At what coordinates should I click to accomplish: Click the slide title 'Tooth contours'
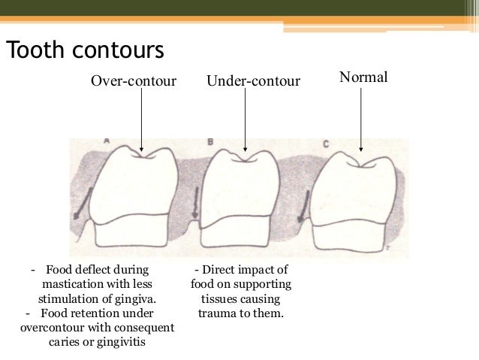pos(84,50)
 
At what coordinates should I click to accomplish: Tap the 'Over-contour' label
pos(133,80)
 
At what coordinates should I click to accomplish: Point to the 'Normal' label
pos(363,77)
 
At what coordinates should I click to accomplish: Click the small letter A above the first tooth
pos(107,141)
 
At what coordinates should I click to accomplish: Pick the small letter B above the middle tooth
pos(210,141)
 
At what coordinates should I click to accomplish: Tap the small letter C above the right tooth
pos(325,143)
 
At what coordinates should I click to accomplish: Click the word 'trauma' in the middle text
pos(219,312)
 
